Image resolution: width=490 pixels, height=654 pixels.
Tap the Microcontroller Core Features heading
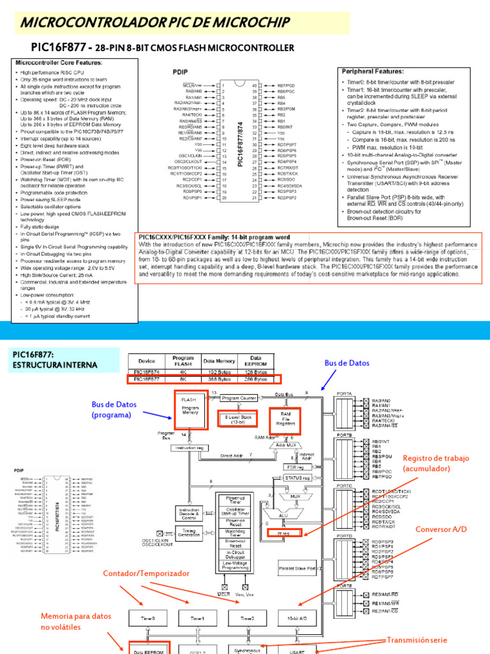click(59, 63)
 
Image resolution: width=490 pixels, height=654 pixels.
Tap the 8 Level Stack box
click(239, 419)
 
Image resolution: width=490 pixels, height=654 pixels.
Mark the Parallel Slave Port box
click(298, 568)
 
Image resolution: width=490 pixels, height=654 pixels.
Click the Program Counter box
click(239, 397)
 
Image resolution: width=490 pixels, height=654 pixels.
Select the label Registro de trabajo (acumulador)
click(436, 463)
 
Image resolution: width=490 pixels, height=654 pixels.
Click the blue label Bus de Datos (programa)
click(114, 409)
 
